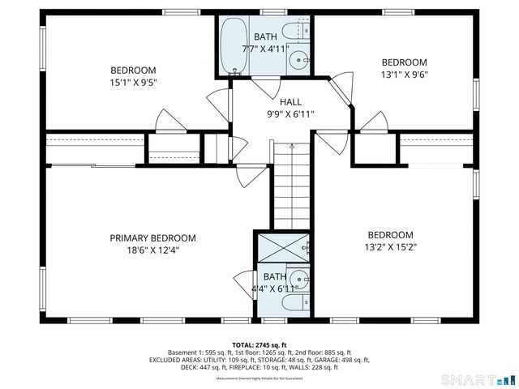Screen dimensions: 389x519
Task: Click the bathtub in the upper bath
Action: click(x=234, y=45)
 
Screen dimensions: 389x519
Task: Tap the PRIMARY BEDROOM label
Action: click(x=153, y=237)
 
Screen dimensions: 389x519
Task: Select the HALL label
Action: click(x=290, y=102)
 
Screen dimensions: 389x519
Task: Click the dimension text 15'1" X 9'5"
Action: click(x=133, y=82)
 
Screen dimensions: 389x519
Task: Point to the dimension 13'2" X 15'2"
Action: click(x=390, y=247)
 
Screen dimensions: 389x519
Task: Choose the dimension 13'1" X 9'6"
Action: click(x=404, y=75)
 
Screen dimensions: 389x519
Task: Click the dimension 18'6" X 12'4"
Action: click(x=153, y=250)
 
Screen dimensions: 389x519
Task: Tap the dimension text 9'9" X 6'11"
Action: click(x=290, y=114)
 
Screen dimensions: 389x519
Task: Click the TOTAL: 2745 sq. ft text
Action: click(x=259, y=344)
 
